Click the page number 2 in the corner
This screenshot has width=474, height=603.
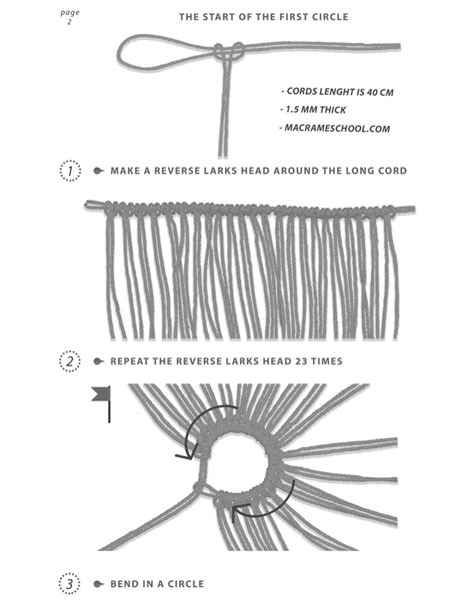click(69, 23)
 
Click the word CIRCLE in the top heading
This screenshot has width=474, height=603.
click(320, 17)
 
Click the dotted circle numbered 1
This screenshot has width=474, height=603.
click(69, 171)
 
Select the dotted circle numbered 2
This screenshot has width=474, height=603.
click(69, 360)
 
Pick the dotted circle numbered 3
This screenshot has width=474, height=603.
click(69, 583)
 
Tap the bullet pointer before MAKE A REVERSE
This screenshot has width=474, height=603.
click(98, 171)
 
